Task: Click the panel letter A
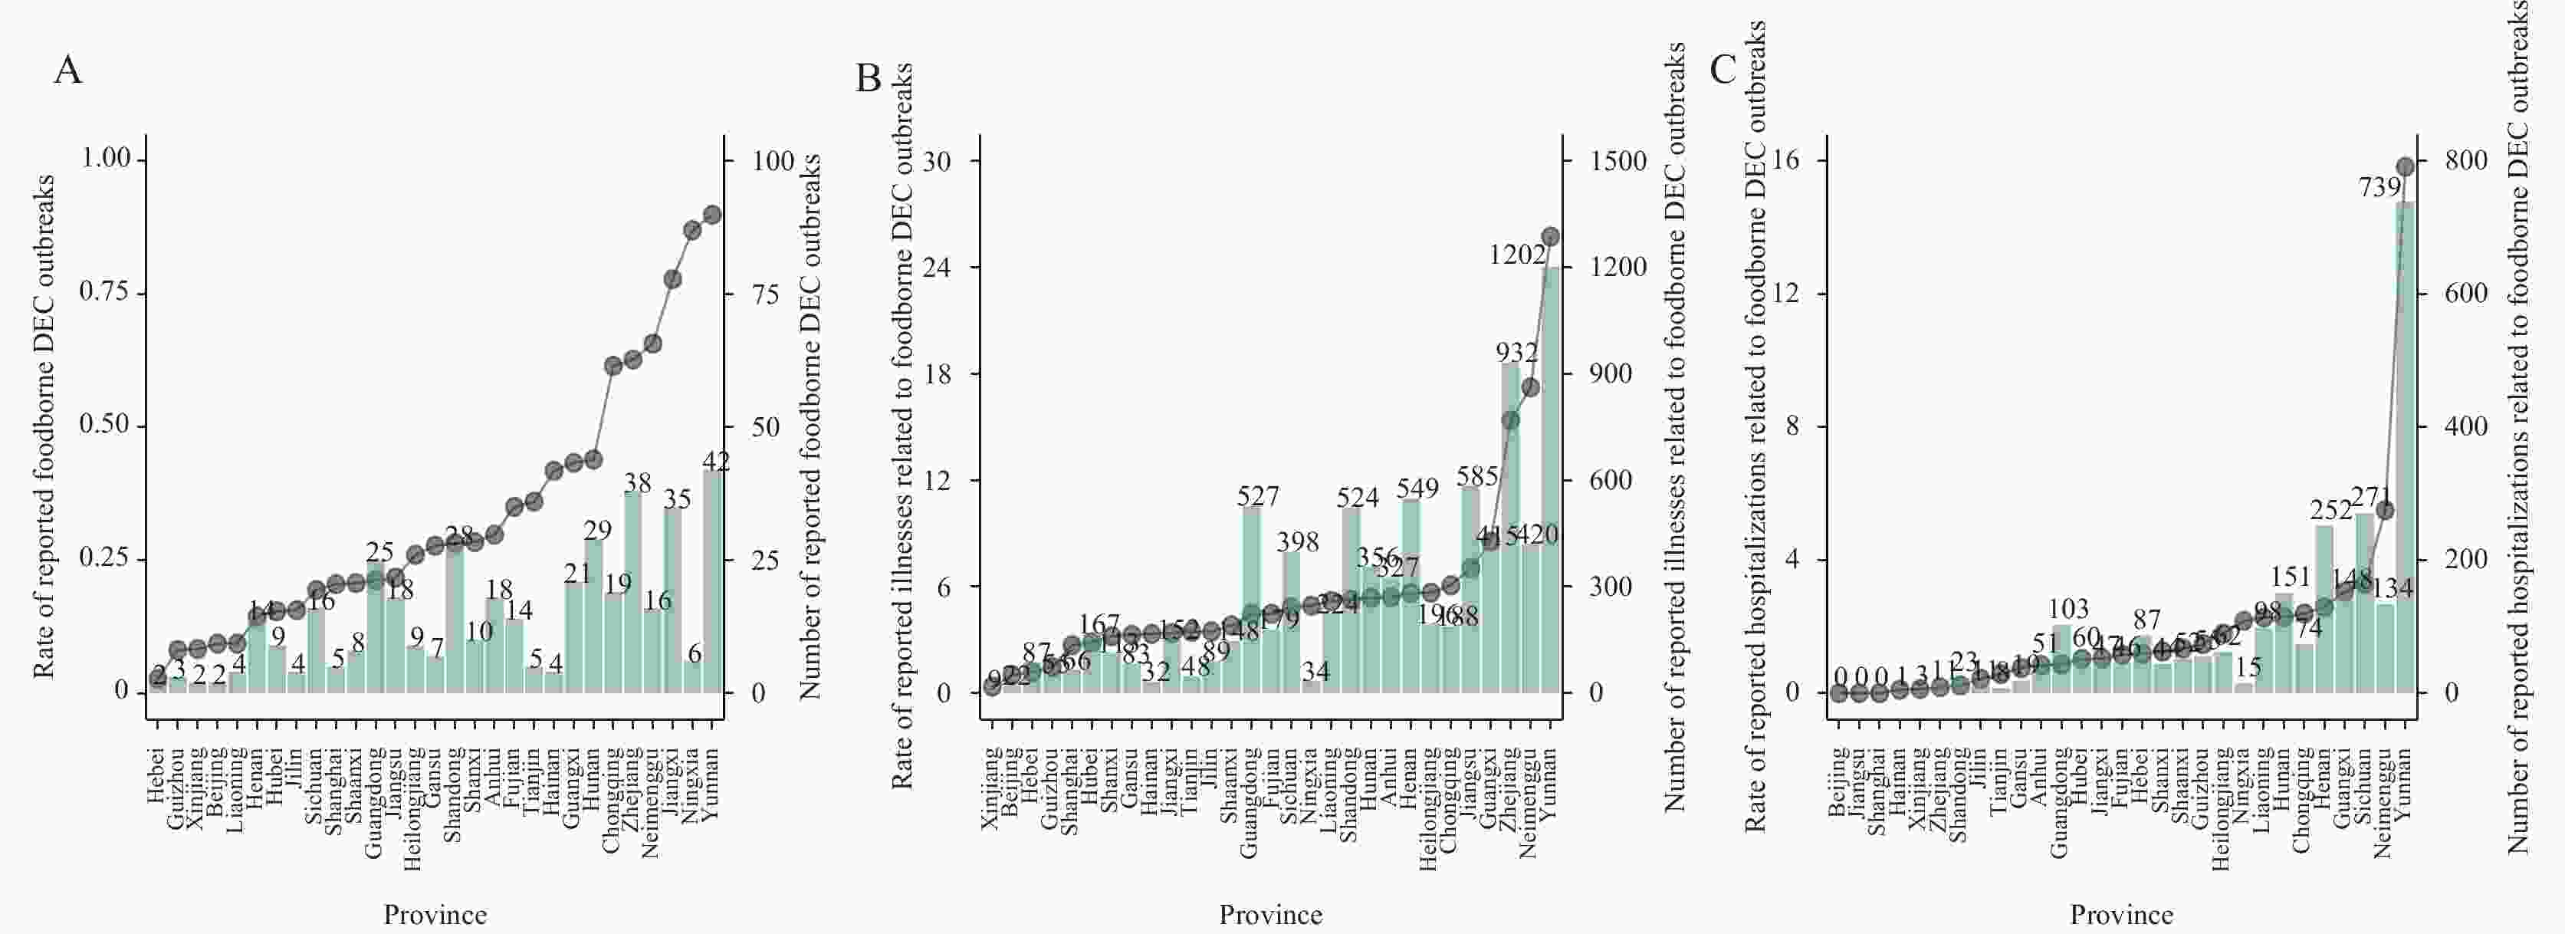tap(67, 71)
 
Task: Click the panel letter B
tap(869, 77)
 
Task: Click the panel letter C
tap(1723, 70)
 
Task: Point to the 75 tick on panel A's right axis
tap(766, 294)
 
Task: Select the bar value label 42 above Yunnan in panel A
tap(716, 461)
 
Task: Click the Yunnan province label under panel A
tap(710, 787)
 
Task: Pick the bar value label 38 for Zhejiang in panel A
tap(637, 483)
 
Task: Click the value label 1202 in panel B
tap(1516, 255)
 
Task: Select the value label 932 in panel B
tap(1516, 353)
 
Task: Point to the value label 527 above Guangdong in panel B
tap(1258, 496)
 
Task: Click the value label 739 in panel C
tap(2379, 186)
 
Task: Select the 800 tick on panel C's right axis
tap(2468, 160)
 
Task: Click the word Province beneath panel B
tap(1270, 915)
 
